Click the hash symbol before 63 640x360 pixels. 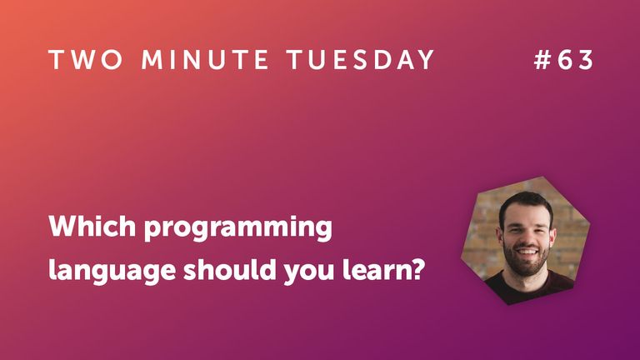542,60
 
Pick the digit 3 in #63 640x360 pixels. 586,60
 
